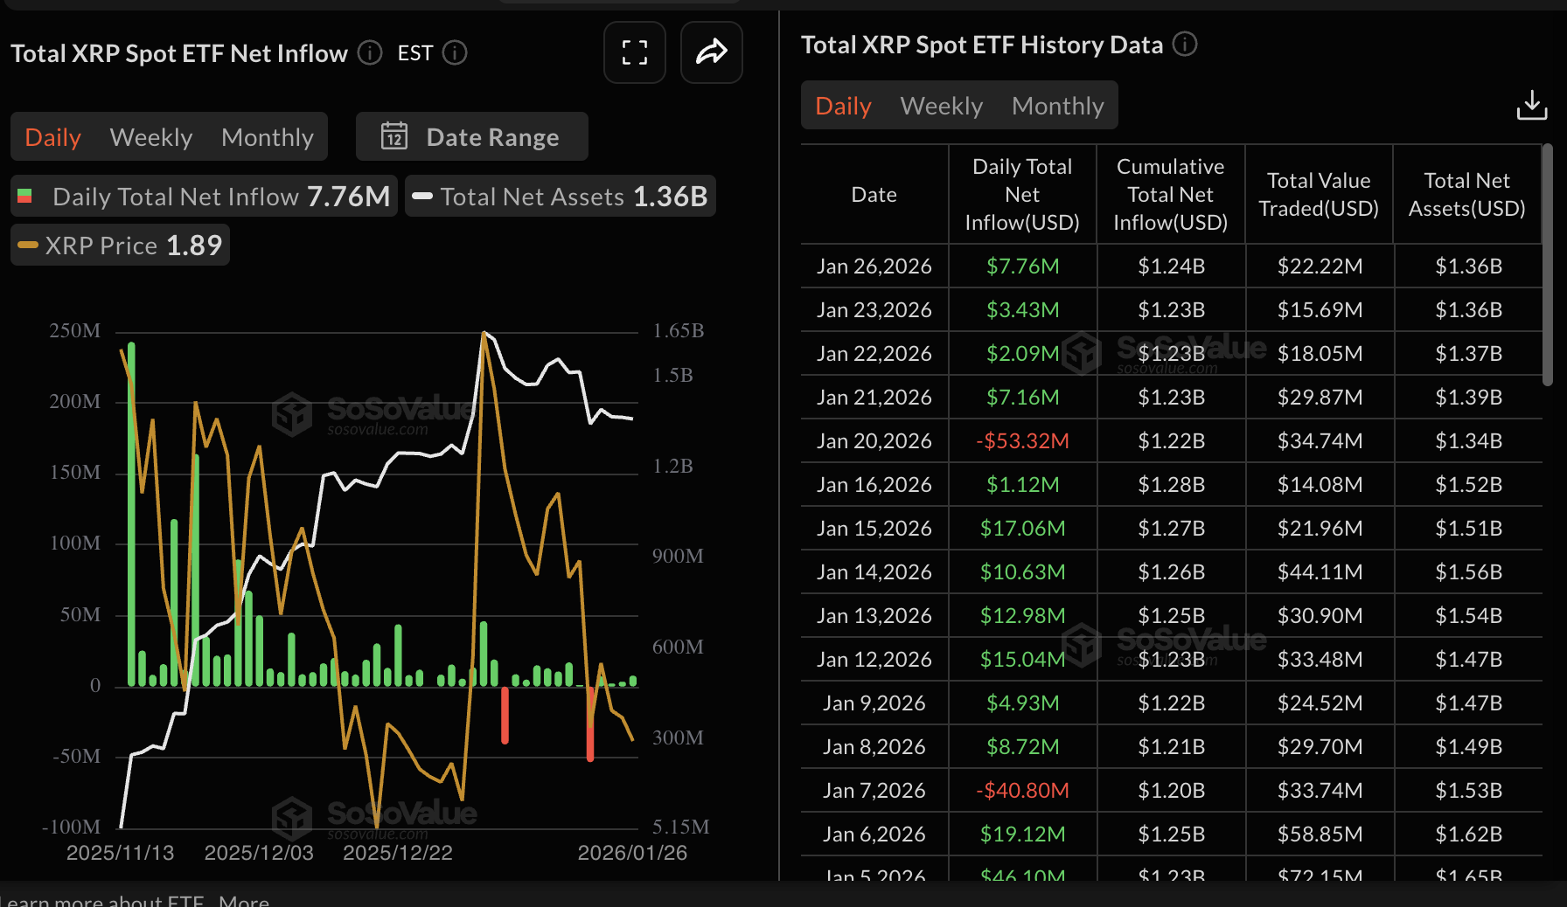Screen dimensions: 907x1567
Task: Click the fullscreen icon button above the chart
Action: (x=635, y=52)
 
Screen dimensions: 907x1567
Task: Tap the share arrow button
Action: (x=711, y=52)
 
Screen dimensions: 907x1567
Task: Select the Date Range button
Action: (x=472, y=137)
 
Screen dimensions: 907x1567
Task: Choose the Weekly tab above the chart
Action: (x=151, y=137)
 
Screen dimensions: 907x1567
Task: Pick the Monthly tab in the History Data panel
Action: (x=1057, y=106)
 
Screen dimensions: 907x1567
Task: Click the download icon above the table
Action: (x=1531, y=105)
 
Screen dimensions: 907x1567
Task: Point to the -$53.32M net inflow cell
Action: (x=1022, y=440)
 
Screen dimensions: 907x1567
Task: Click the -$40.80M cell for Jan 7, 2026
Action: (x=1022, y=790)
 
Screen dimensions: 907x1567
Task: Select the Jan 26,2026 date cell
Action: (x=874, y=266)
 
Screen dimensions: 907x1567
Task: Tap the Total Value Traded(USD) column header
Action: (x=1319, y=194)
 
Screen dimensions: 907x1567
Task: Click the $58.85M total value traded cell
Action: (x=1320, y=834)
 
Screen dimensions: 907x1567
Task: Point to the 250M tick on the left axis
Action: (x=75, y=331)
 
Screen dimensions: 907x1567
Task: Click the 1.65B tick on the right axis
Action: (x=679, y=331)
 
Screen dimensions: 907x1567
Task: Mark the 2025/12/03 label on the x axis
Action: (x=259, y=853)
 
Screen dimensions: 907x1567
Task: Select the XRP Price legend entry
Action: (x=121, y=246)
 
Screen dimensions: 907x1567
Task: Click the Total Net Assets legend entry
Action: (x=561, y=197)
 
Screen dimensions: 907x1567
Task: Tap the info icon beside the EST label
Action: (x=455, y=53)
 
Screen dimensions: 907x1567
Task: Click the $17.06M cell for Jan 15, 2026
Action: (x=1022, y=528)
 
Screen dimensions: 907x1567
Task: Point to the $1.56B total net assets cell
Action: (x=1468, y=571)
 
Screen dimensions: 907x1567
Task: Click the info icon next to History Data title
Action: (x=1185, y=44)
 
